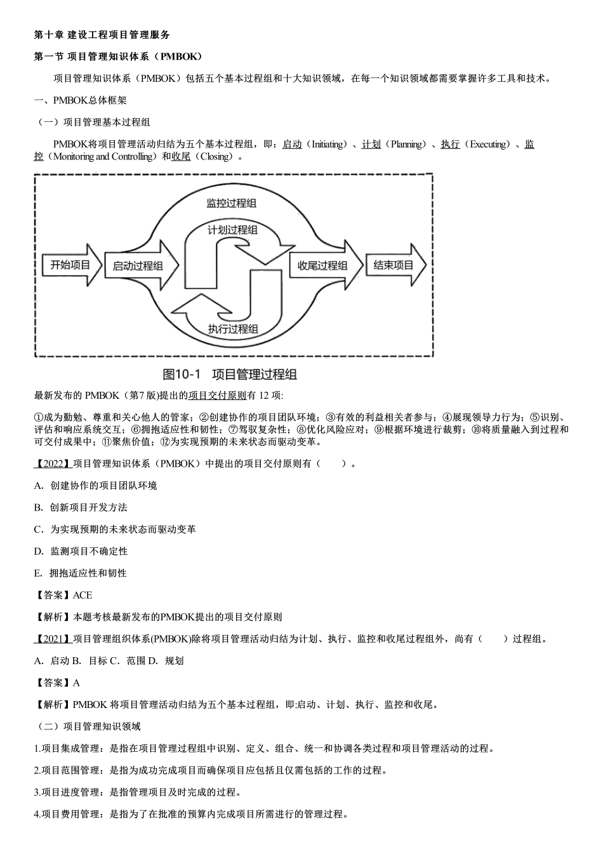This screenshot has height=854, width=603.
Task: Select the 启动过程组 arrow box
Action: [138, 266]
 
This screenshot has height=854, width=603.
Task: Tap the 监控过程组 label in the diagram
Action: [232, 203]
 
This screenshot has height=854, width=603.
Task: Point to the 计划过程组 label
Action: [232, 230]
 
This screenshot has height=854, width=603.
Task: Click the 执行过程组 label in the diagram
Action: [232, 328]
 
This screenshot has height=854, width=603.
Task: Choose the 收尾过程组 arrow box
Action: [323, 265]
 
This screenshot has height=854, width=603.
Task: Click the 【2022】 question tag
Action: [53, 464]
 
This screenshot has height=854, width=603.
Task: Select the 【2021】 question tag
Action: [53, 639]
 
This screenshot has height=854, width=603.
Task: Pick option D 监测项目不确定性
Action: [81, 551]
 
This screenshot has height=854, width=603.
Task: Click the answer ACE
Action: [83, 595]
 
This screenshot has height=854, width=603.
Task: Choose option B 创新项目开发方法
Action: [81, 507]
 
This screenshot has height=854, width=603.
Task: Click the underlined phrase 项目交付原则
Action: [217, 396]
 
